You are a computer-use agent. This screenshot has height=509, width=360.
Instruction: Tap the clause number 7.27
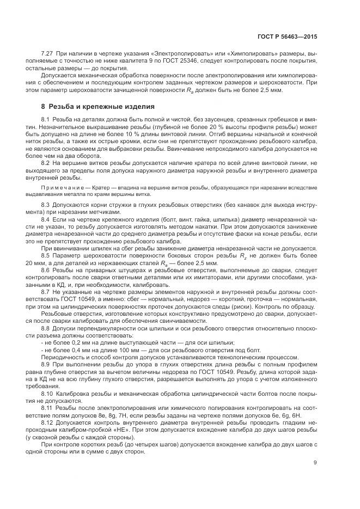pos(48,54)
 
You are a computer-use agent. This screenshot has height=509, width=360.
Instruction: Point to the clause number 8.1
pos(46,119)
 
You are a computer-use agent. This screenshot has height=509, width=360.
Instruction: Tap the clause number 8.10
pos(48,391)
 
